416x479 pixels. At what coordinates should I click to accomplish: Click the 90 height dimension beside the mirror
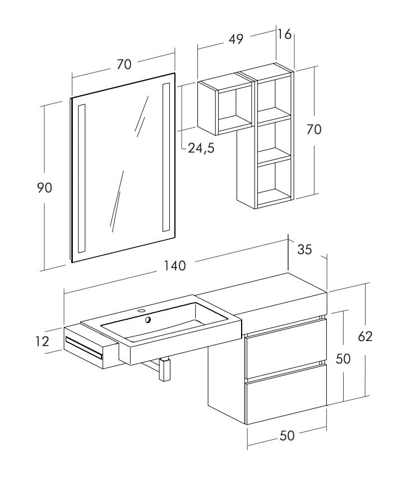pyautogui.click(x=44, y=188)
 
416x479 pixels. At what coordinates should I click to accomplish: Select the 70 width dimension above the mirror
pyautogui.click(x=124, y=65)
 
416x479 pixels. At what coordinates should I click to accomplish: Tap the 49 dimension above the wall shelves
pyautogui.click(x=236, y=39)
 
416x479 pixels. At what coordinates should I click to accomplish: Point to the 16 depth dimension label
pyautogui.click(x=284, y=34)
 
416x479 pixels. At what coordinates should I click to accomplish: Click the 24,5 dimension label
pyautogui.click(x=201, y=148)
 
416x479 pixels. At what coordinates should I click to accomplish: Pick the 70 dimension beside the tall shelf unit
pyautogui.click(x=314, y=129)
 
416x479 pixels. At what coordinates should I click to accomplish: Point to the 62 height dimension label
pyautogui.click(x=365, y=336)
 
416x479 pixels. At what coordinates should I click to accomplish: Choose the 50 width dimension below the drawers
pyautogui.click(x=286, y=436)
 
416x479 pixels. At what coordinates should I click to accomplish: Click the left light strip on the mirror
pyautogui.click(x=82, y=178)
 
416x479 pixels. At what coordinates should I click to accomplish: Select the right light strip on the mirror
pyautogui.click(x=166, y=157)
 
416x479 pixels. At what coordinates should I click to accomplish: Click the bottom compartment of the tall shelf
pyautogui.click(x=275, y=181)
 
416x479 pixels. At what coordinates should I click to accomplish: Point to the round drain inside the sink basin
pyautogui.click(x=148, y=320)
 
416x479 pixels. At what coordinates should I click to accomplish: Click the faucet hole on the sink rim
pyautogui.click(x=141, y=310)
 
